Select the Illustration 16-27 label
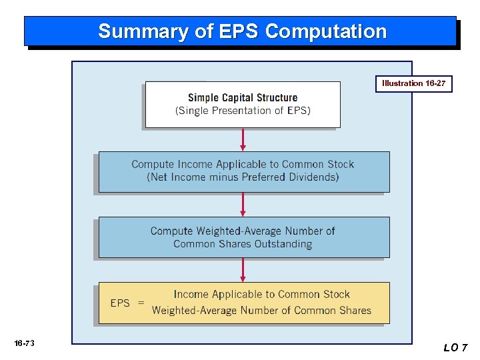[413, 83]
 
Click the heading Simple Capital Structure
[243, 97]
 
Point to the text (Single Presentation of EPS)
[243, 111]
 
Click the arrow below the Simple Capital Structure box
[243, 139]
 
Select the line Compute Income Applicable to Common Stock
[243, 164]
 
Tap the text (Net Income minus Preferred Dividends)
[243, 177]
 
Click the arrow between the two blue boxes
[243, 205]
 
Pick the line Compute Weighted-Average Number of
[243, 231]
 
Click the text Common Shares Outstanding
[243, 244]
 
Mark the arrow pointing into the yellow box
[243, 270]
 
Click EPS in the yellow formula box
[120, 303]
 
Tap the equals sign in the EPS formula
[141, 303]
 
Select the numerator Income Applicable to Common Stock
[261, 294]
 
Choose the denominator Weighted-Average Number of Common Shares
[261, 310]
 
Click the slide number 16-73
[24, 343]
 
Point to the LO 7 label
[456, 347]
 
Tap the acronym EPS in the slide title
[243, 31]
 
